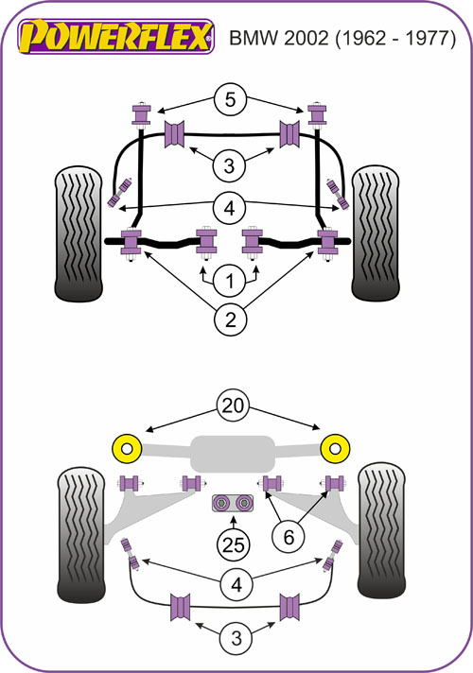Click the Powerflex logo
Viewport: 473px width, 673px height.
click(x=116, y=37)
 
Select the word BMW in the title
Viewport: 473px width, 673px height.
click(x=254, y=38)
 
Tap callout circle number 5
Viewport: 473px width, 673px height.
click(x=230, y=99)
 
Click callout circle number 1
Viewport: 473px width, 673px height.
click(x=230, y=281)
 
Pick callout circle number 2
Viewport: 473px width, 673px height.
click(x=230, y=319)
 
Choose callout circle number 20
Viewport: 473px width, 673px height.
click(x=233, y=406)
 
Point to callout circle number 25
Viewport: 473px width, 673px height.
click(x=234, y=545)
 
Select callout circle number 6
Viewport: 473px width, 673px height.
click(x=289, y=537)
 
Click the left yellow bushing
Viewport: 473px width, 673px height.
click(x=127, y=449)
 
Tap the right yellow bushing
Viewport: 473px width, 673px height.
click(x=335, y=449)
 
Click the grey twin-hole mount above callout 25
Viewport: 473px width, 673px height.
click(x=233, y=503)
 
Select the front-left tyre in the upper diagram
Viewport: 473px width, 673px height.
click(x=79, y=233)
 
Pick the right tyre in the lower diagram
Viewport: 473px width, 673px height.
click(x=382, y=530)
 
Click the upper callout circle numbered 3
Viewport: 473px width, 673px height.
click(x=230, y=165)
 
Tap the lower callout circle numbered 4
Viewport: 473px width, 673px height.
click(x=236, y=584)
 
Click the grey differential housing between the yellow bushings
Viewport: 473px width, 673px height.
click(x=233, y=454)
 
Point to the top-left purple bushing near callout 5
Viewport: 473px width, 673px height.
click(x=141, y=113)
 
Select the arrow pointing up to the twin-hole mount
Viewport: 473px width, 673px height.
click(x=234, y=522)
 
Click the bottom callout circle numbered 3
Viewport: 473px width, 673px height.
click(x=236, y=638)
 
